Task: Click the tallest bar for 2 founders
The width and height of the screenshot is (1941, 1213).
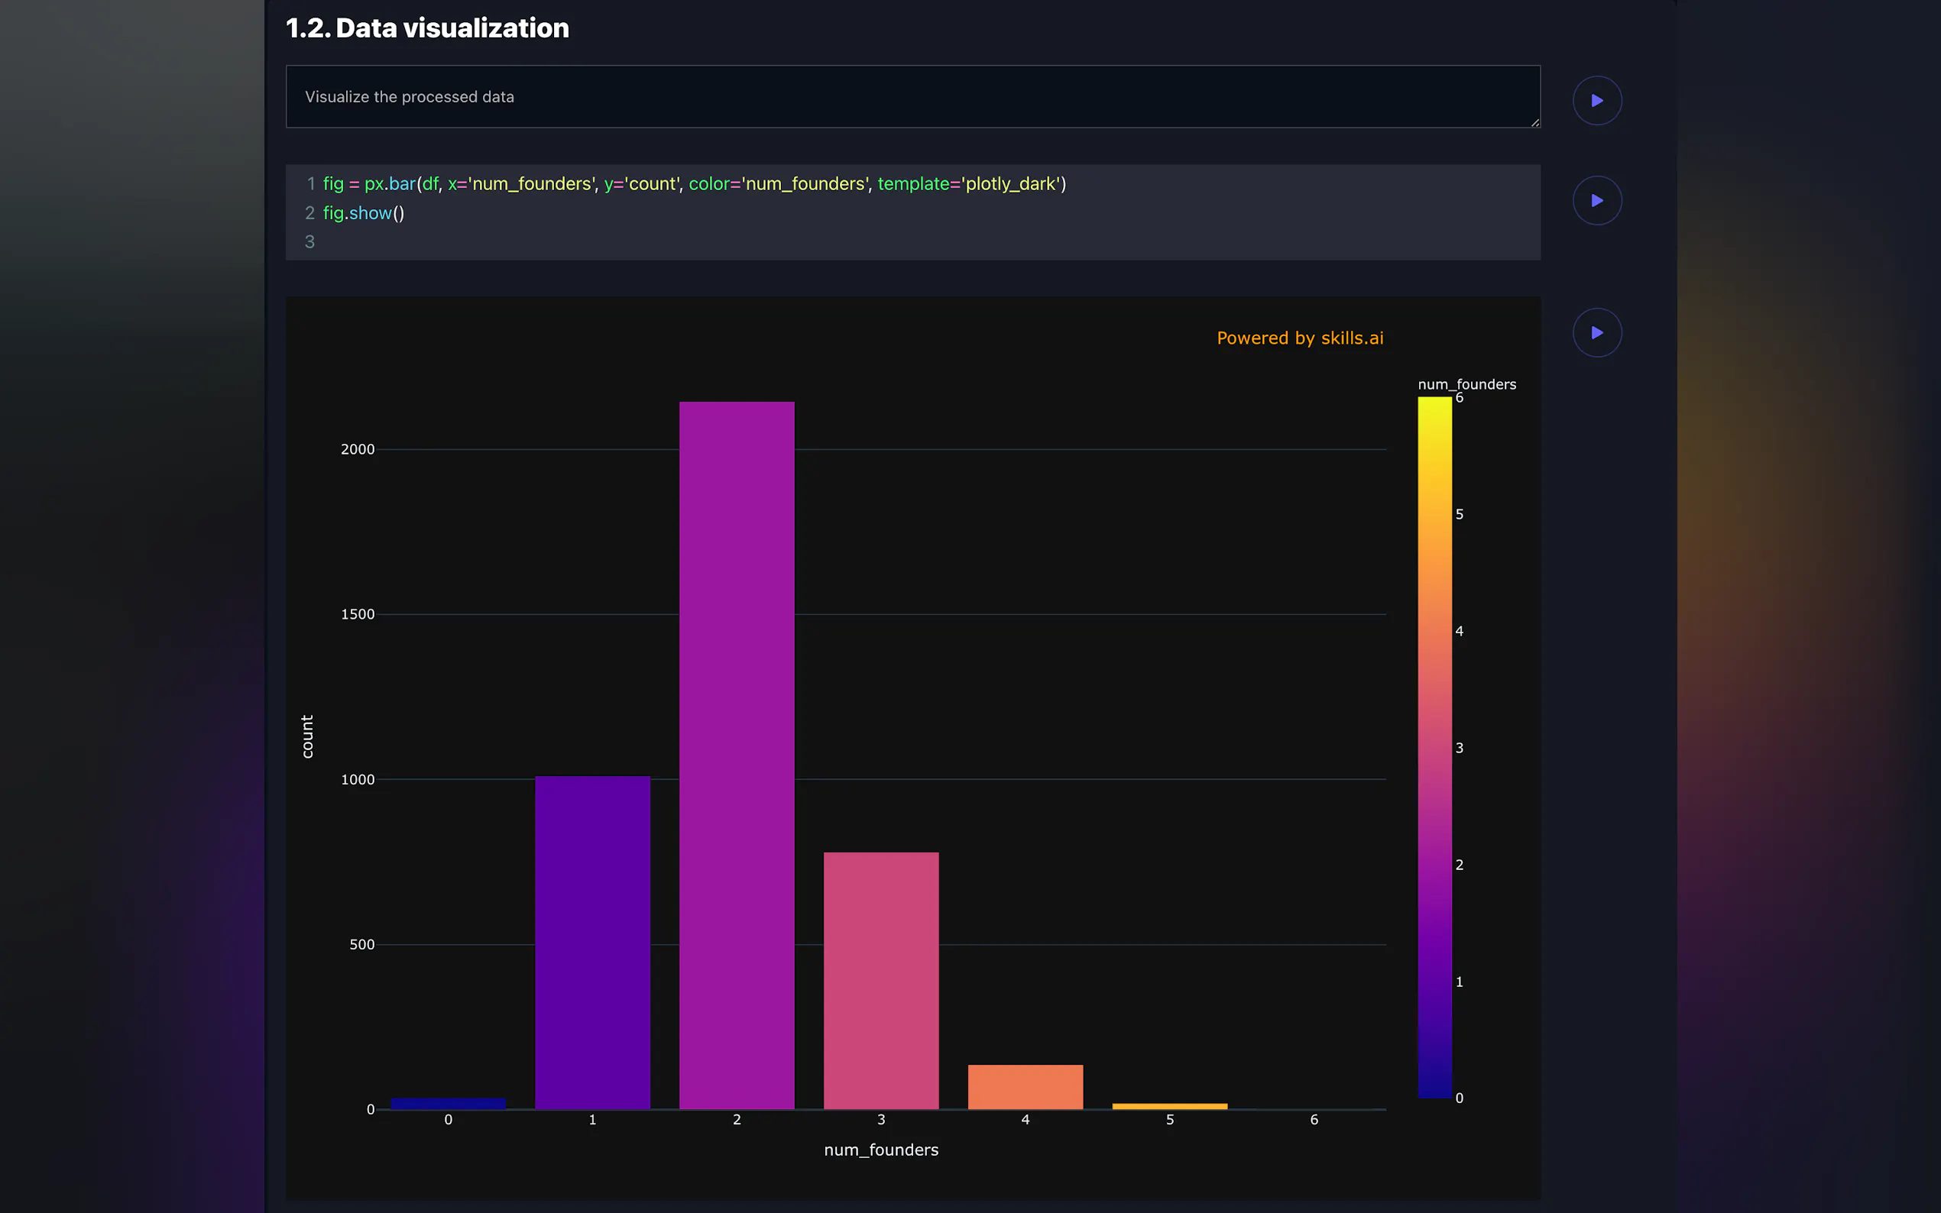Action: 737,754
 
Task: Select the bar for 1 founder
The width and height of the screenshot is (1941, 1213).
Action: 592,942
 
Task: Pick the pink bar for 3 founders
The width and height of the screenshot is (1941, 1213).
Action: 880,980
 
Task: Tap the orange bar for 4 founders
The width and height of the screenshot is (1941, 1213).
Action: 1025,1087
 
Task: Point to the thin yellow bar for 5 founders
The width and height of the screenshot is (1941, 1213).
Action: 1169,1106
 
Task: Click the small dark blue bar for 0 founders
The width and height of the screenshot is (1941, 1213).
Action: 448,1104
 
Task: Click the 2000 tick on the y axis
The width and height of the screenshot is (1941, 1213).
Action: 358,449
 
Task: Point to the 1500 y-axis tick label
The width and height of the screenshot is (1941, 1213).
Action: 358,615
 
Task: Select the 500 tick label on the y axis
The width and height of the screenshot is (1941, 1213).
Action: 362,944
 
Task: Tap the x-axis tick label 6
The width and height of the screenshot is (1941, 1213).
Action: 1314,1119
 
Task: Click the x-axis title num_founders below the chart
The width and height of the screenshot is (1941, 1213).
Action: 881,1150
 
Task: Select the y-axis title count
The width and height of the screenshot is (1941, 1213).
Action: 307,736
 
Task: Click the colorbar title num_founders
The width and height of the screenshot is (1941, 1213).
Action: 1466,384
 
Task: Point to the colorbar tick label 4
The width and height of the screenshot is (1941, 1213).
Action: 1459,632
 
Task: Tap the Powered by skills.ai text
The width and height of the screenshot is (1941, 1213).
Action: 1300,338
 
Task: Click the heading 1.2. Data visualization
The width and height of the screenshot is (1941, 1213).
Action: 427,28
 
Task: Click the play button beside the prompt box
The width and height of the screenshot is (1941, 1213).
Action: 1597,100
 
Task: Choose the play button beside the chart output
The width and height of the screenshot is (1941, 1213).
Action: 1597,332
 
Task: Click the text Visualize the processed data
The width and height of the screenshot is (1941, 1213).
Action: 410,97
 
